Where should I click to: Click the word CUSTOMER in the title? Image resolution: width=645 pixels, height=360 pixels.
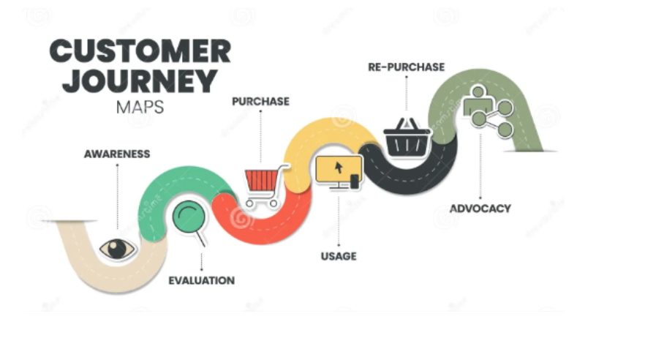[x=140, y=51]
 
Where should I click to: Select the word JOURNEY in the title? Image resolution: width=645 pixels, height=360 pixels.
[x=140, y=81]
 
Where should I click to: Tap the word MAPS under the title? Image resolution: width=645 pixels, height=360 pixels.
[x=140, y=108]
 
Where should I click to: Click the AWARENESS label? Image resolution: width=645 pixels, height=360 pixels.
[x=117, y=154]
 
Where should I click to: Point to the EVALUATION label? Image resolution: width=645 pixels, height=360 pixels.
[x=202, y=280]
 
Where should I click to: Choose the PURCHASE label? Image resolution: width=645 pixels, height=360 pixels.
[x=261, y=101]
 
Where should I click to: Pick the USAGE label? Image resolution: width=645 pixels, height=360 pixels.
[x=339, y=256]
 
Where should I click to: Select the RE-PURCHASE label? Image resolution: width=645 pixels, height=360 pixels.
[x=407, y=67]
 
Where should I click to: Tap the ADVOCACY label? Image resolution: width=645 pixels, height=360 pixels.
[x=480, y=209]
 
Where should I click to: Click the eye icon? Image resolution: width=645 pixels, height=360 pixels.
[x=118, y=249]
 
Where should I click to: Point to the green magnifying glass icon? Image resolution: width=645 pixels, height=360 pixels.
[x=189, y=222]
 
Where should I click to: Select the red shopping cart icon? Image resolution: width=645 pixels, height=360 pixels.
[x=265, y=185]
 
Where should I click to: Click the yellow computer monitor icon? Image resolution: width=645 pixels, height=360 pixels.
[x=339, y=173]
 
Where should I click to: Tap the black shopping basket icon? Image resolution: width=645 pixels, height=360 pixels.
[x=407, y=138]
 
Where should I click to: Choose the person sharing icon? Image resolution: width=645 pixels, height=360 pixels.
[x=489, y=111]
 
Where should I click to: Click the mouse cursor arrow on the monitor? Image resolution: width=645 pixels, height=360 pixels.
[x=339, y=168]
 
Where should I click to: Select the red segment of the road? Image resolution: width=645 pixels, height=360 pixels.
[x=263, y=224]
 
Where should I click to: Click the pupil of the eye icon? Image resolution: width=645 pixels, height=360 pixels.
[x=117, y=249]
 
